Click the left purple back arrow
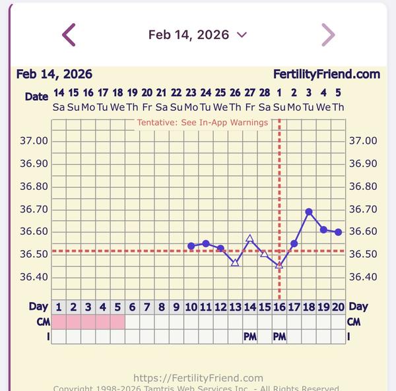69,35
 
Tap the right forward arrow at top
328,35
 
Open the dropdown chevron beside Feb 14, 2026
242,35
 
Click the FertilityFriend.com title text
327,75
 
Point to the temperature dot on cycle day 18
309,212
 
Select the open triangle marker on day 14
249,239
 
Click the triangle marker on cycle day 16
279,264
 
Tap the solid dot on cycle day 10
191,246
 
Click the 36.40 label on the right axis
363,277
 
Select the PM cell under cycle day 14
249,337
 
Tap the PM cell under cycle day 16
279,337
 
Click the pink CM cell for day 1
59,322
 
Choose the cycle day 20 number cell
338,307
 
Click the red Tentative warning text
203,123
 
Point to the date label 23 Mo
191,100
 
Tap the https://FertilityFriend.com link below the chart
198,378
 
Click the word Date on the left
37,96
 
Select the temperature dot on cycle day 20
338,232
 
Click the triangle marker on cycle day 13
235,262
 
